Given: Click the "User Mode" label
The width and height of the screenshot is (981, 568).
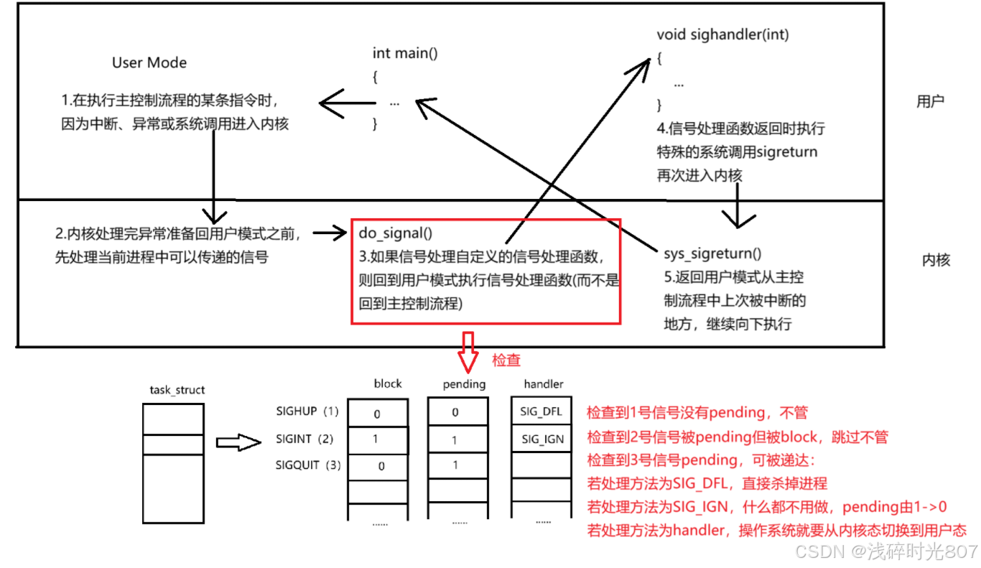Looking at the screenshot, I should tap(149, 62).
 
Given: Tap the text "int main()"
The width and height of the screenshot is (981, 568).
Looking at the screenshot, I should tap(405, 53).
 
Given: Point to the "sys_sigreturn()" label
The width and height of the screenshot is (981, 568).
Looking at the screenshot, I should tap(713, 253).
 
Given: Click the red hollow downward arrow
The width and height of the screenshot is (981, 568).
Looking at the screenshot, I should tap(468, 350).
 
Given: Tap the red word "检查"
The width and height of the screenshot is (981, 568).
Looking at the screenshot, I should tap(506, 360).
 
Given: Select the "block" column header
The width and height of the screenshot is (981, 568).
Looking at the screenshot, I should tap(388, 383).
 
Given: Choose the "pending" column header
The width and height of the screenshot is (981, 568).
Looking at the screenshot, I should tap(465, 384).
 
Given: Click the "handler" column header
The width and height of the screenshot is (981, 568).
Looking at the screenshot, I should tap(544, 384).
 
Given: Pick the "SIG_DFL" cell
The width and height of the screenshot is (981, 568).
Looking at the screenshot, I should tap(541, 412).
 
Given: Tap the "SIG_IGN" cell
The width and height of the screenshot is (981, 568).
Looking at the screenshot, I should tap(542, 439).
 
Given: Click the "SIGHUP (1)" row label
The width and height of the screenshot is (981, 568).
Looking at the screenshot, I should tap(307, 412).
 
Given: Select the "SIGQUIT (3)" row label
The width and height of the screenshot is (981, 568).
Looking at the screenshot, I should tap(308, 465).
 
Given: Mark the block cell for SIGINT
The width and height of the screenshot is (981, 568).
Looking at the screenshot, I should tap(376, 439).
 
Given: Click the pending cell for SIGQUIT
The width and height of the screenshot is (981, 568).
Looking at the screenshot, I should tap(455, 465).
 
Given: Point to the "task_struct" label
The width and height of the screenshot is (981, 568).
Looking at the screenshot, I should tap(177, 390).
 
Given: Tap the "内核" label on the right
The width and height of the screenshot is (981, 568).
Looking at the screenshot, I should tap(936, 261).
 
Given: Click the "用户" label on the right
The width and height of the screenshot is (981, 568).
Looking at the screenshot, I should tap(930, 101).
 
